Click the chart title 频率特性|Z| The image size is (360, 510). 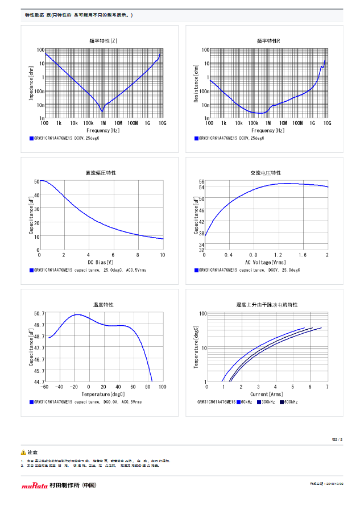coord(103,40)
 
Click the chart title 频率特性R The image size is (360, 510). coord(268,40)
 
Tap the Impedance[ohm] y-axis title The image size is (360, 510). coord(32,84)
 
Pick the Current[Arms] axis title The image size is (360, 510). coord(267,393)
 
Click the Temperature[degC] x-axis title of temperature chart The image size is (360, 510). coord(103,393)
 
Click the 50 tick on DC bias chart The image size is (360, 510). coord(36,181)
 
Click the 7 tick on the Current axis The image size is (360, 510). coord(326,387)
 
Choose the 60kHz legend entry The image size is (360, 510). coord(245,402)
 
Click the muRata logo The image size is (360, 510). coord(35,486)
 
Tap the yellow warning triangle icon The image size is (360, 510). coord(23,452)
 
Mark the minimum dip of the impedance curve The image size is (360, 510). coord(102,111)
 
